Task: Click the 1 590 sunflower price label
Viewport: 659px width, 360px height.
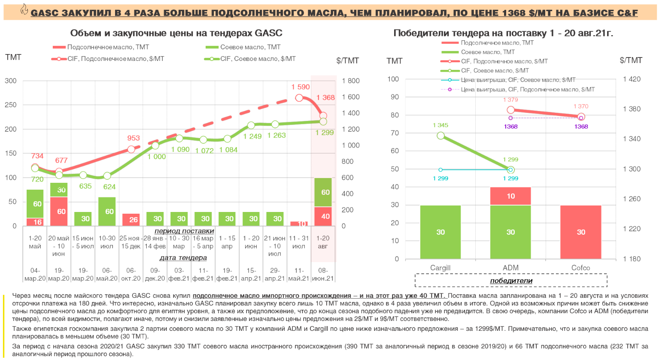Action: [301, 87]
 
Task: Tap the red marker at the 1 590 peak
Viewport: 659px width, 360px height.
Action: [299, 98]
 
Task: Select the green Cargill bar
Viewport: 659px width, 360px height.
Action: [440, 232]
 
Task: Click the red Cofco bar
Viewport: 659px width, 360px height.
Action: [581, 232]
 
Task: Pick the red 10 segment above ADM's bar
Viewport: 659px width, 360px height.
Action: [510, 196]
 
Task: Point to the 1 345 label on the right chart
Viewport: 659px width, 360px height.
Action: [440, 125]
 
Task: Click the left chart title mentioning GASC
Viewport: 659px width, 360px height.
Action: [176, 33]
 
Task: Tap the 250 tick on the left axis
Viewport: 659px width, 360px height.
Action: [11, 105]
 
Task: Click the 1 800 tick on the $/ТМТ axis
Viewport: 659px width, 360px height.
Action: [351, 81]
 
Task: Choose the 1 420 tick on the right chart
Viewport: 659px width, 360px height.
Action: [632, 79]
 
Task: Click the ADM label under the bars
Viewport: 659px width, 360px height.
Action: [510, 268]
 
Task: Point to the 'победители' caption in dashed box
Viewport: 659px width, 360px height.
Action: [511, 281]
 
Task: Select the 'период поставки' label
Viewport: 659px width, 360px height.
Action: [184, 231]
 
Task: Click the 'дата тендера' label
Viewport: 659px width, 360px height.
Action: [183, 258]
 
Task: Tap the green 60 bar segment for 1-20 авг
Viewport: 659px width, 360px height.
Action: [323, 192]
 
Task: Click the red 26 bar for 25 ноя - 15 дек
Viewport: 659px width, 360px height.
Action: [131, 219]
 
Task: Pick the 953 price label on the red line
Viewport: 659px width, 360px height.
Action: [134, 138]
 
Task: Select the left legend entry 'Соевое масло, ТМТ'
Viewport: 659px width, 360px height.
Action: [250, 47]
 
